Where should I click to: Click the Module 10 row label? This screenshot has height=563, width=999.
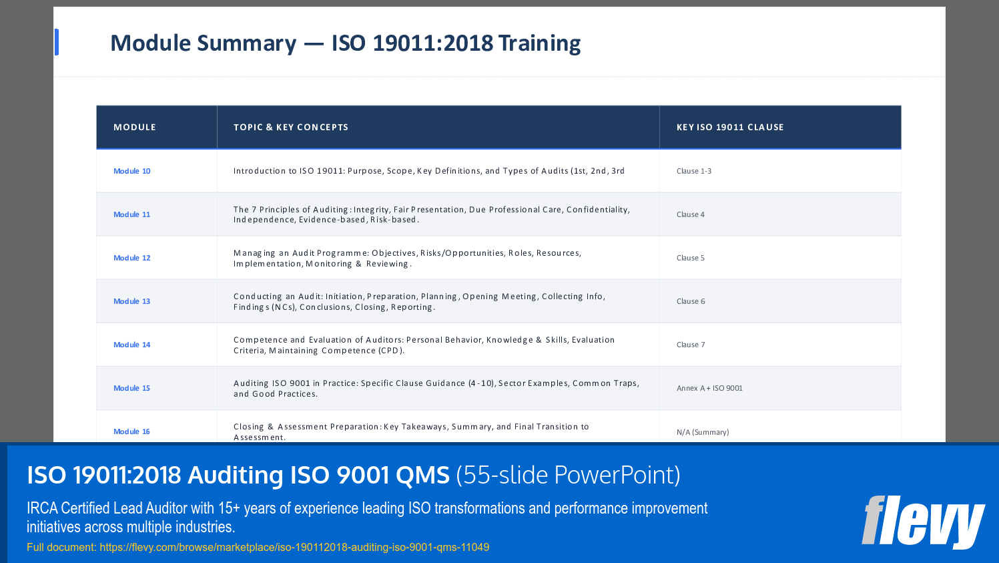click(132, 171)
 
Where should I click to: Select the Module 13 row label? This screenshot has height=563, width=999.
click(132, 301)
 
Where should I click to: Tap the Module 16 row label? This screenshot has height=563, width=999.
click(132, 431)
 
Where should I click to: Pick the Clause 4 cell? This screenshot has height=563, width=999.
click(691, 214)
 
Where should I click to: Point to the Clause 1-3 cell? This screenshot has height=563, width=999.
click(694, 171)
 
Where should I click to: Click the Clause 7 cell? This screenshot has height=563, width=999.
click(691, 345)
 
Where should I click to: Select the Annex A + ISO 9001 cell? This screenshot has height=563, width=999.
click(709, 388)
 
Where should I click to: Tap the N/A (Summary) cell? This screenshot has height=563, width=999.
click(703, 432)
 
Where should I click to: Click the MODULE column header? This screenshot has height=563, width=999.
click(135, 127)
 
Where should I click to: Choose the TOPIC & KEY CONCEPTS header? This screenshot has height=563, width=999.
click(291, 127)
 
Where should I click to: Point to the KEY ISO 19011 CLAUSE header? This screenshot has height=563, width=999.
click(730, 127)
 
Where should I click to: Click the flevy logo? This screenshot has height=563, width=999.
click(923, 522)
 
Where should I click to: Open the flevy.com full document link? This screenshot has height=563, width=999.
click(294, 547)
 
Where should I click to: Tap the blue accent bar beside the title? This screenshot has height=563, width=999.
click(57, 42)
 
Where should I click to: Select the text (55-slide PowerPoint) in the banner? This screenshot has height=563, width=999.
click(568, 475)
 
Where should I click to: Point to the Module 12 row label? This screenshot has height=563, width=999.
click(132, 258)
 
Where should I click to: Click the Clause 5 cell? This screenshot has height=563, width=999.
click(691, 258)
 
